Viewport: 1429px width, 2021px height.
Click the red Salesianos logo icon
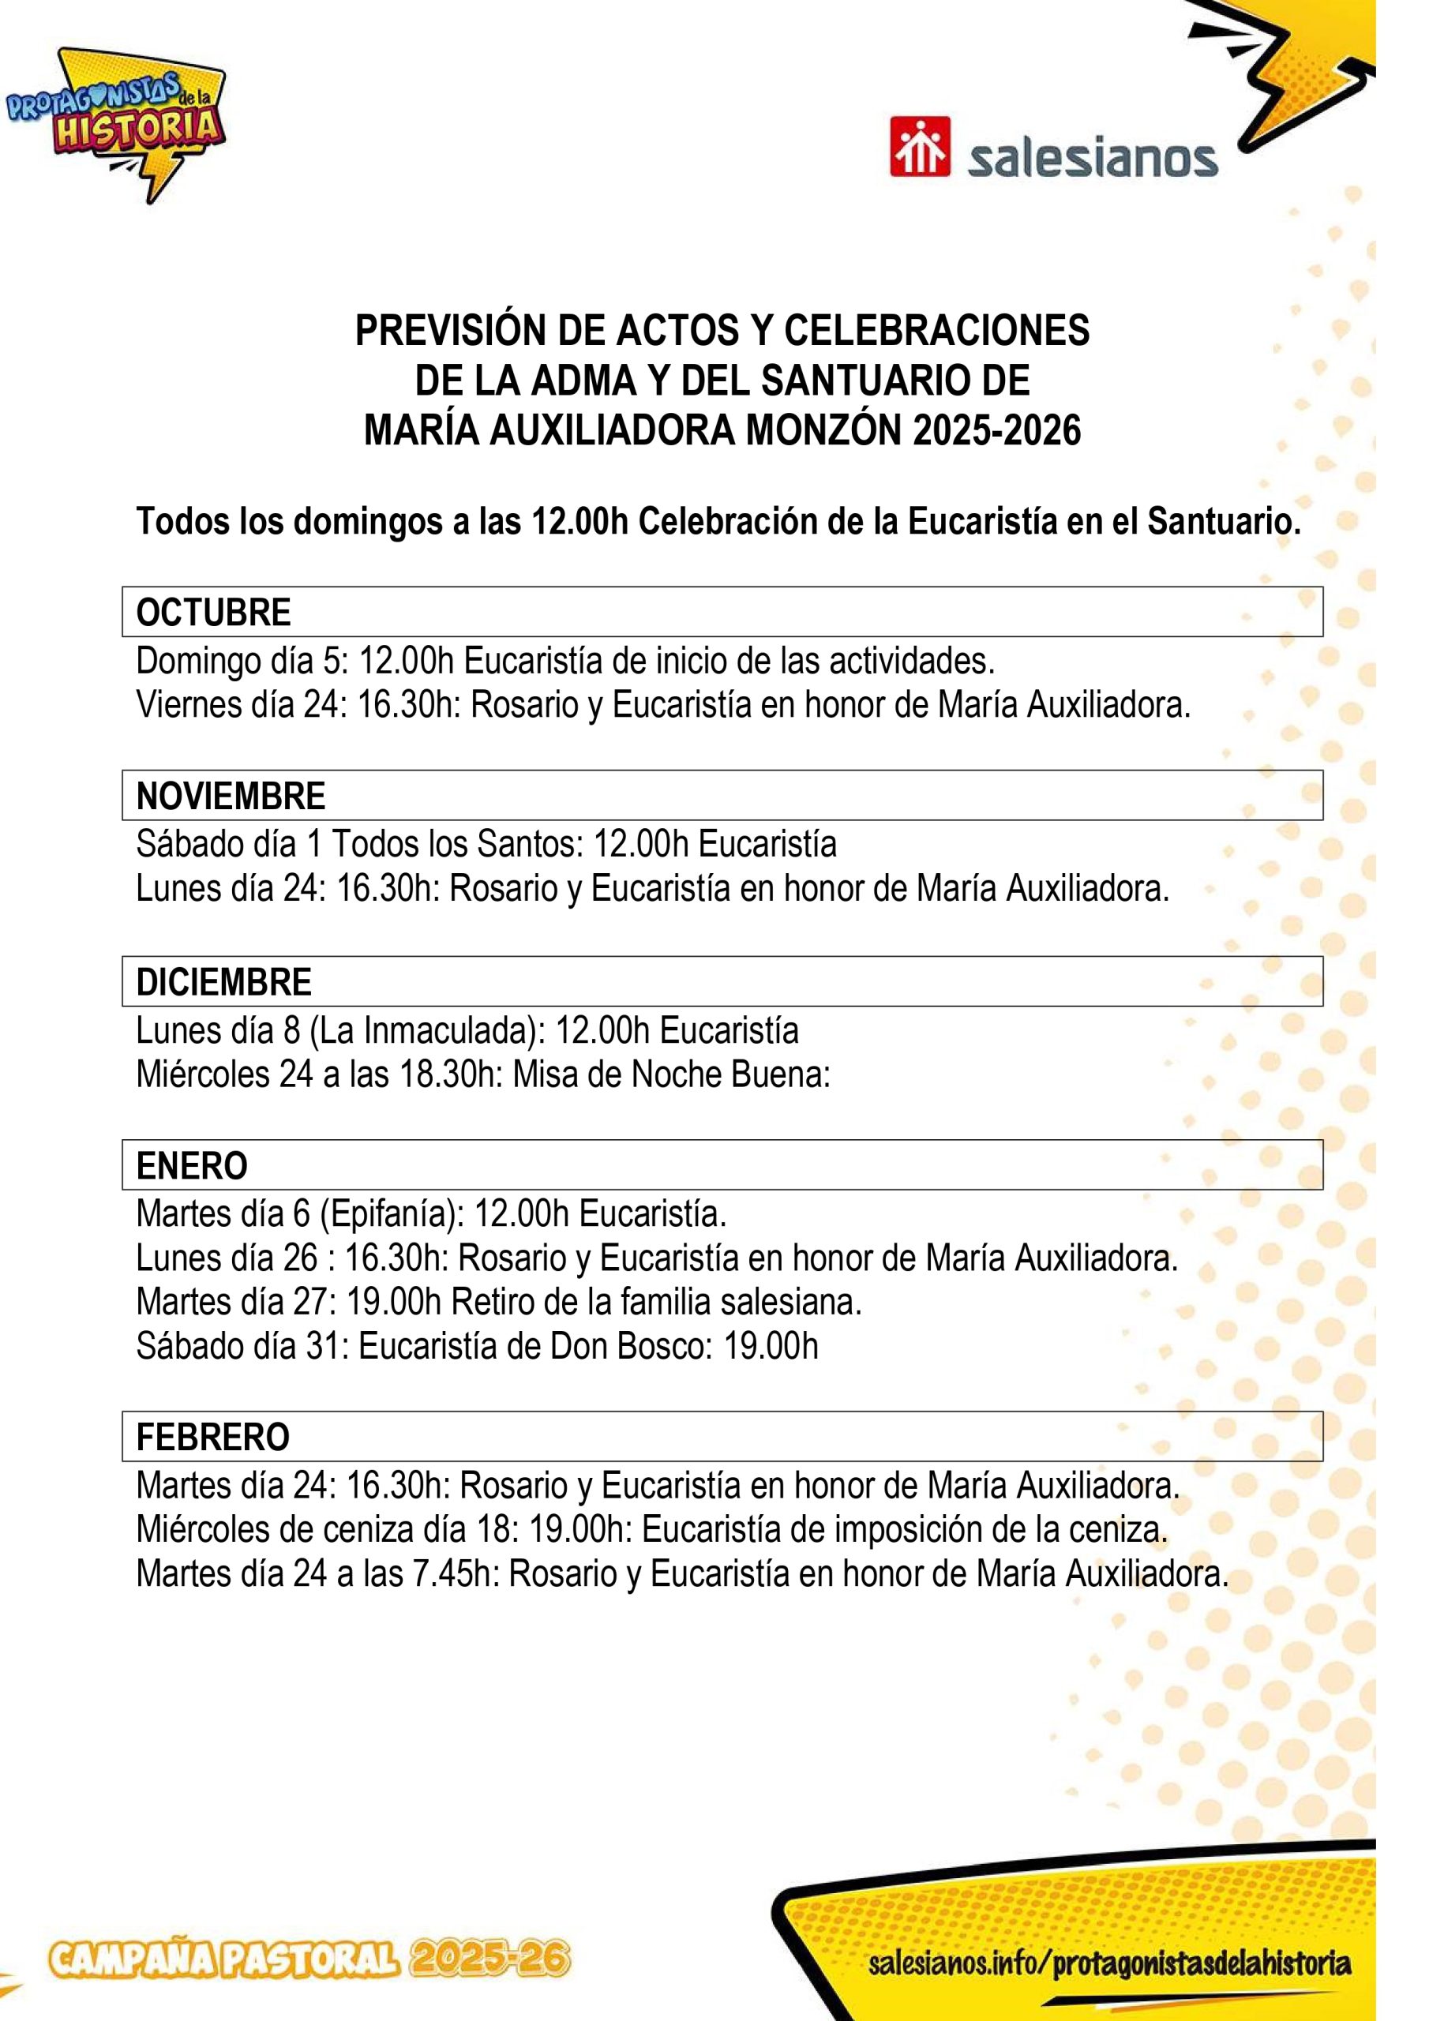[919, 147]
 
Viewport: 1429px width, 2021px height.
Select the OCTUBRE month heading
[214, 613]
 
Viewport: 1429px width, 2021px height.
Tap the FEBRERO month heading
[213, 1437]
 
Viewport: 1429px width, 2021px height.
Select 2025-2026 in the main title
[996, 431]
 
